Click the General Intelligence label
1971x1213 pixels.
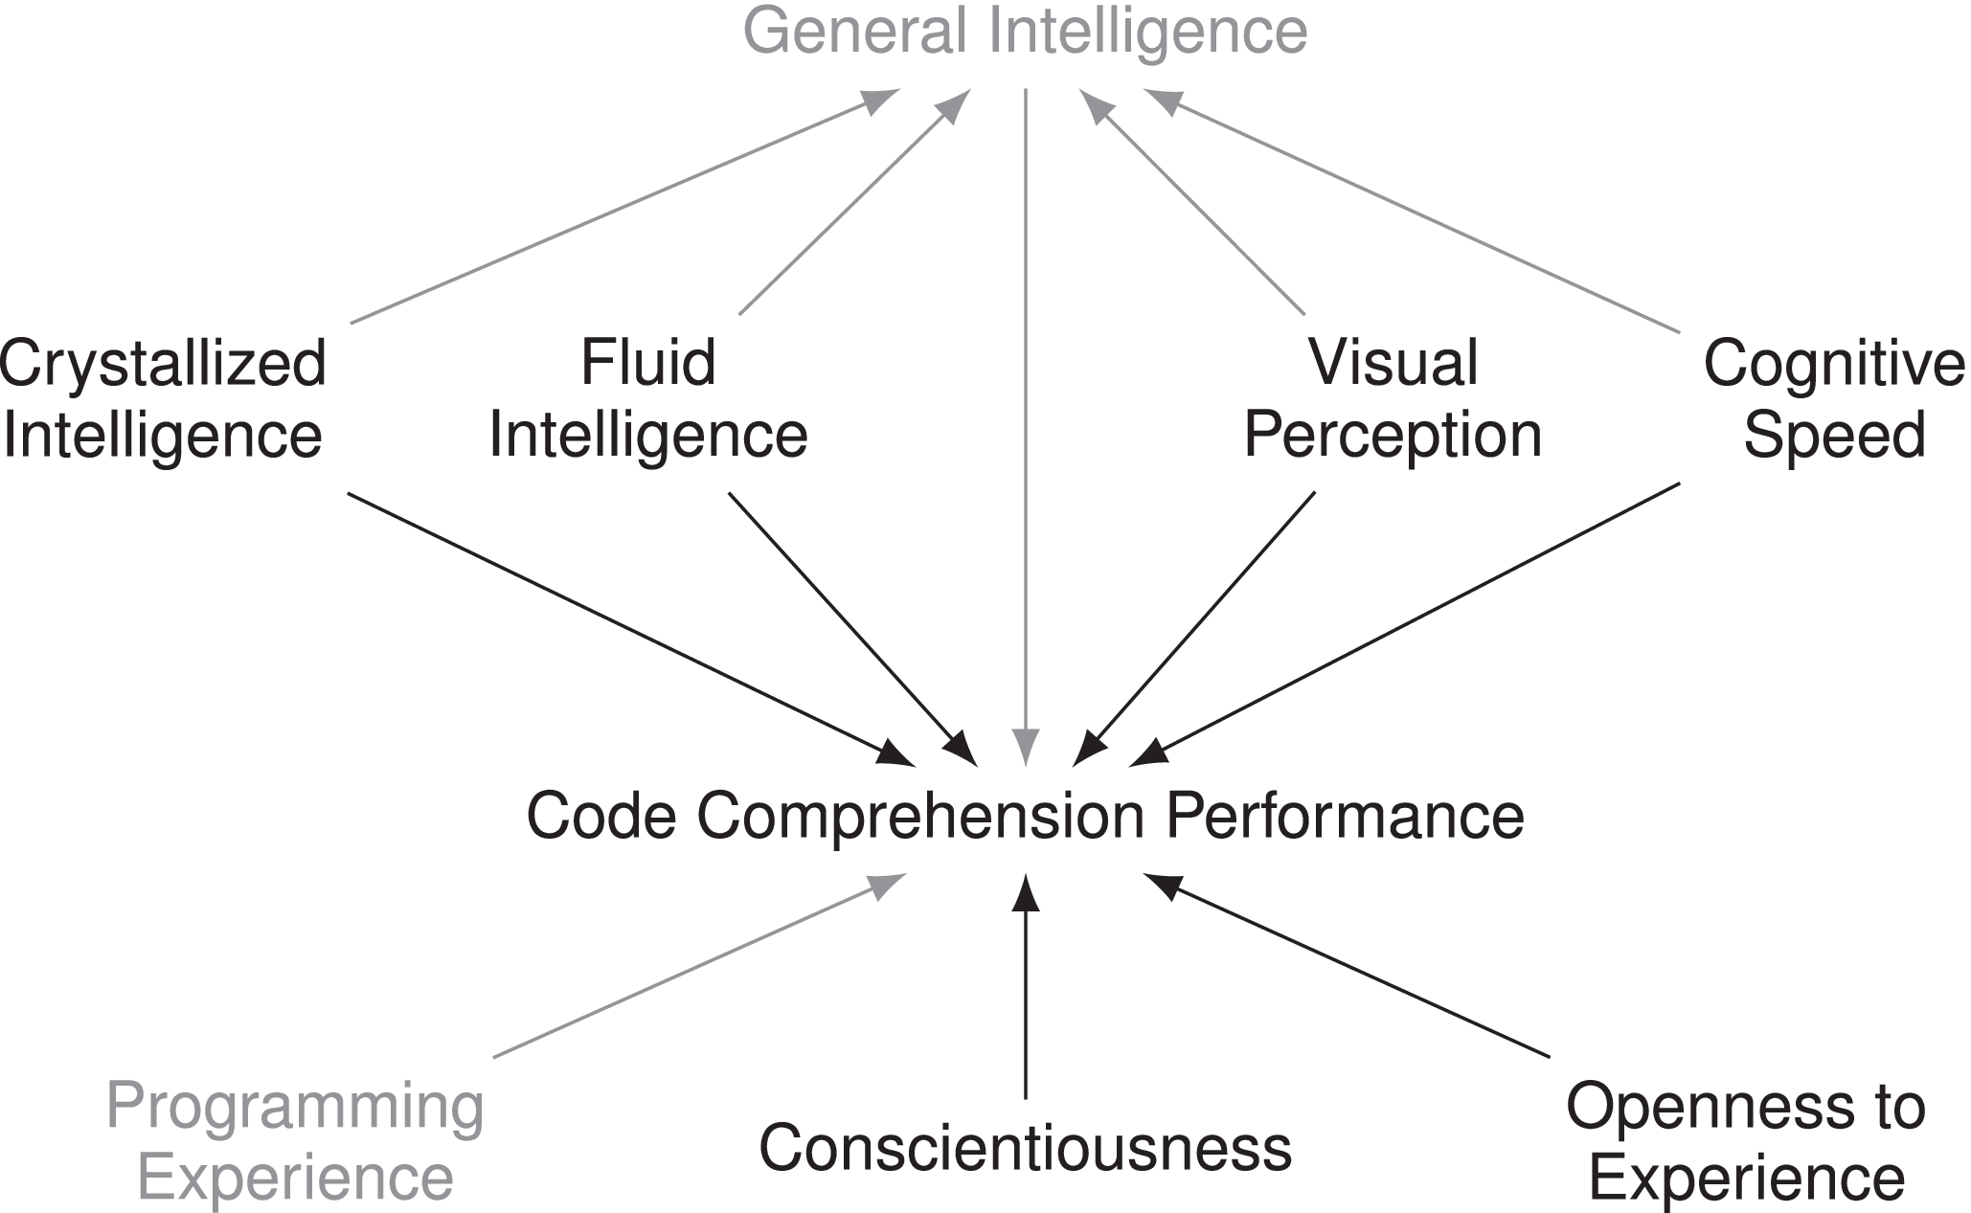point(1025,31)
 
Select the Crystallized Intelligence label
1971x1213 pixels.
point(163,399)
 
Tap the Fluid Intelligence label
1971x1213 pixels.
point(648,399)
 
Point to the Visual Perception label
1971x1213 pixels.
point(1393,399)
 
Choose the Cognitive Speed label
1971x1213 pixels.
point(1833,399)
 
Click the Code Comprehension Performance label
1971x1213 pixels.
point(1025,816)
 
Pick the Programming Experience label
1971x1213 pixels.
point(295,1141)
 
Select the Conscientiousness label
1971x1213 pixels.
point(1025,1147)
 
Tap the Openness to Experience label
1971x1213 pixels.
point(1745,1141)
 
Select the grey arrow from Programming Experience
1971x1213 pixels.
point(699,966)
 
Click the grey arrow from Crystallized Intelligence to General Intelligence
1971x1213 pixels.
point(623,208)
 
